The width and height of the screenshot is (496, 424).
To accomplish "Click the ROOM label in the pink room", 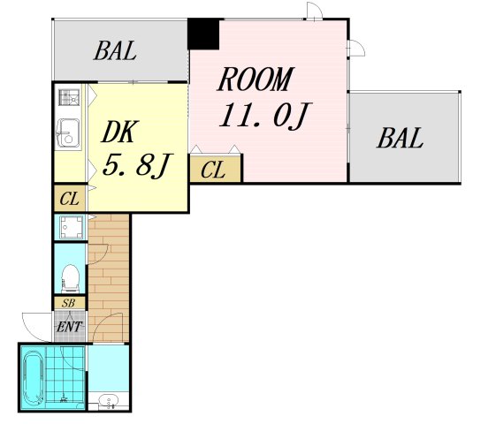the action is tap(256, 79).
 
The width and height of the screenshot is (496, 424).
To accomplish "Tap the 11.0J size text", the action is tap(266, 116).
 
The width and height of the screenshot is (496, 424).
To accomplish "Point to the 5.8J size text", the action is tap(137, 165).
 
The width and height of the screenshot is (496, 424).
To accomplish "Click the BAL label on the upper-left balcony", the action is tap(115, 50).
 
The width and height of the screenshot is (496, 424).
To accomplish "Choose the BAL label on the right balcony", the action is tap(400, 138).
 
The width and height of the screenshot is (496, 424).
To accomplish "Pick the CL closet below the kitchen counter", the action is tap(70, 199).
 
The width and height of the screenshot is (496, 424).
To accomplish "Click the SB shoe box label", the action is tap(69, 303).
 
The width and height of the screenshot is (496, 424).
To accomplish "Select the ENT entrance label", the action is tap(69, 327).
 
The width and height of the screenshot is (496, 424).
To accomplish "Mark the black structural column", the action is tap(203, 34).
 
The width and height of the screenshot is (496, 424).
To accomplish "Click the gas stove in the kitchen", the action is tap(69, 97).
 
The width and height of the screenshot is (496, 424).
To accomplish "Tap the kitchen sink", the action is tap(68, 133).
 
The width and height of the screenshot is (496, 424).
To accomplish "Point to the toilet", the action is tap(70, 278).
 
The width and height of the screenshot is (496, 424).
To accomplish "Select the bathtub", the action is tap(34, 378).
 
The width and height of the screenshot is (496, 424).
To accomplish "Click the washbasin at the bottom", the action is tap(108, 402).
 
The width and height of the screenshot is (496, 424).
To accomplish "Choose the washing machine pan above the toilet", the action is tap(72, 227).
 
